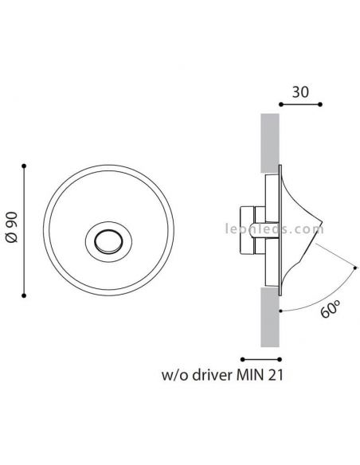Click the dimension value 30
300,92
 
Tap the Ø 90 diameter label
13,227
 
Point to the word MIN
250,376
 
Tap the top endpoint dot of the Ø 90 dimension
24,166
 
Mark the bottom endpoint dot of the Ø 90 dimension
24,295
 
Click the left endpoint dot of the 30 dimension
281,104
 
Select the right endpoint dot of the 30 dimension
320,104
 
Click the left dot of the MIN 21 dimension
243,359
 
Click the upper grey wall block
270,143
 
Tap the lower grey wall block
270,317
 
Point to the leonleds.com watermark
274,229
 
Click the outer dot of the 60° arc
355,268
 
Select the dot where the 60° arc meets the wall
280,311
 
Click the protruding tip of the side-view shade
323,221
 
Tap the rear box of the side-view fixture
247,230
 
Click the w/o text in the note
175,376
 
